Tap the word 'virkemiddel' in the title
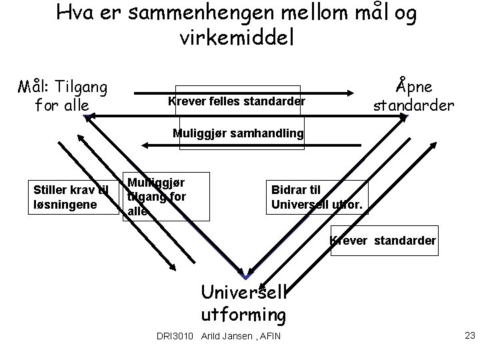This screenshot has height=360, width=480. pos(236,36)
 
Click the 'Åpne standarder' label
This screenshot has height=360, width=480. pos(413,95)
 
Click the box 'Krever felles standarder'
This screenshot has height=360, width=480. pos(237,101)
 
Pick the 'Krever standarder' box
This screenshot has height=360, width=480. pos(383,240)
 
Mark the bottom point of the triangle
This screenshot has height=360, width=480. pos(246,276)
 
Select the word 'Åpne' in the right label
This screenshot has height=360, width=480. pos(413,86)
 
